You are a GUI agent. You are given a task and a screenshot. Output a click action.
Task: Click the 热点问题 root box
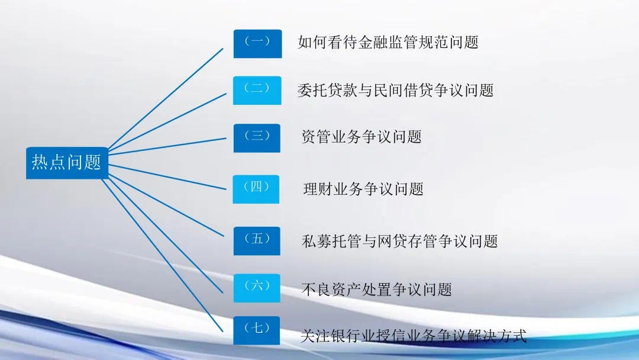[67, 163]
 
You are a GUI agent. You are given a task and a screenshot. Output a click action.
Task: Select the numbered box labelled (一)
[257, 44]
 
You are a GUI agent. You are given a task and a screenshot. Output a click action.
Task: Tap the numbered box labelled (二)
[257, 91]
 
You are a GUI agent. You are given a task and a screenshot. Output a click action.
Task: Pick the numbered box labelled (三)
[257, 138]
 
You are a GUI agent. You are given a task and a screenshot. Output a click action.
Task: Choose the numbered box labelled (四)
[256, 189]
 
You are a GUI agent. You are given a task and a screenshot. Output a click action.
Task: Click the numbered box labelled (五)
[257, 241]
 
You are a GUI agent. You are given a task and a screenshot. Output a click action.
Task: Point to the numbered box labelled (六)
[257, 288]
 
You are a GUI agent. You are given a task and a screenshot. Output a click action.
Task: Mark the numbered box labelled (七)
[257, 330]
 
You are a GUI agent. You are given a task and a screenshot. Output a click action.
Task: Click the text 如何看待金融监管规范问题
[388, 42]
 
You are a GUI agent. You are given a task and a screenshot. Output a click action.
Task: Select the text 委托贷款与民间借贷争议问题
[396, 90]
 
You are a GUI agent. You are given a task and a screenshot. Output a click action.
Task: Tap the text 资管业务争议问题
[362, 137]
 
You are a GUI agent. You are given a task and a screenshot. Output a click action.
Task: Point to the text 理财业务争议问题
[363, 189]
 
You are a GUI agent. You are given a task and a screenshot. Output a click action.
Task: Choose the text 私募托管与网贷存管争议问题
[400, 241]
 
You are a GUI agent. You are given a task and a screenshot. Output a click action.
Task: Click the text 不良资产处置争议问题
[377, 290]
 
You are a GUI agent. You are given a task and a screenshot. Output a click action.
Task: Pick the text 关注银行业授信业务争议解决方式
[414, 336]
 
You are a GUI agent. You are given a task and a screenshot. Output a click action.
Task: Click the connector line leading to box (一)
[166, 99]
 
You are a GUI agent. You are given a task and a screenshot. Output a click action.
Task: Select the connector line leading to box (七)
[162, 255]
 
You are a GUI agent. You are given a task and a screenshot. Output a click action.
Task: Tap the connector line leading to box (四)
[167, 177]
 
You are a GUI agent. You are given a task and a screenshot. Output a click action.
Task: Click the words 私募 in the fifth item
[317, 241]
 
